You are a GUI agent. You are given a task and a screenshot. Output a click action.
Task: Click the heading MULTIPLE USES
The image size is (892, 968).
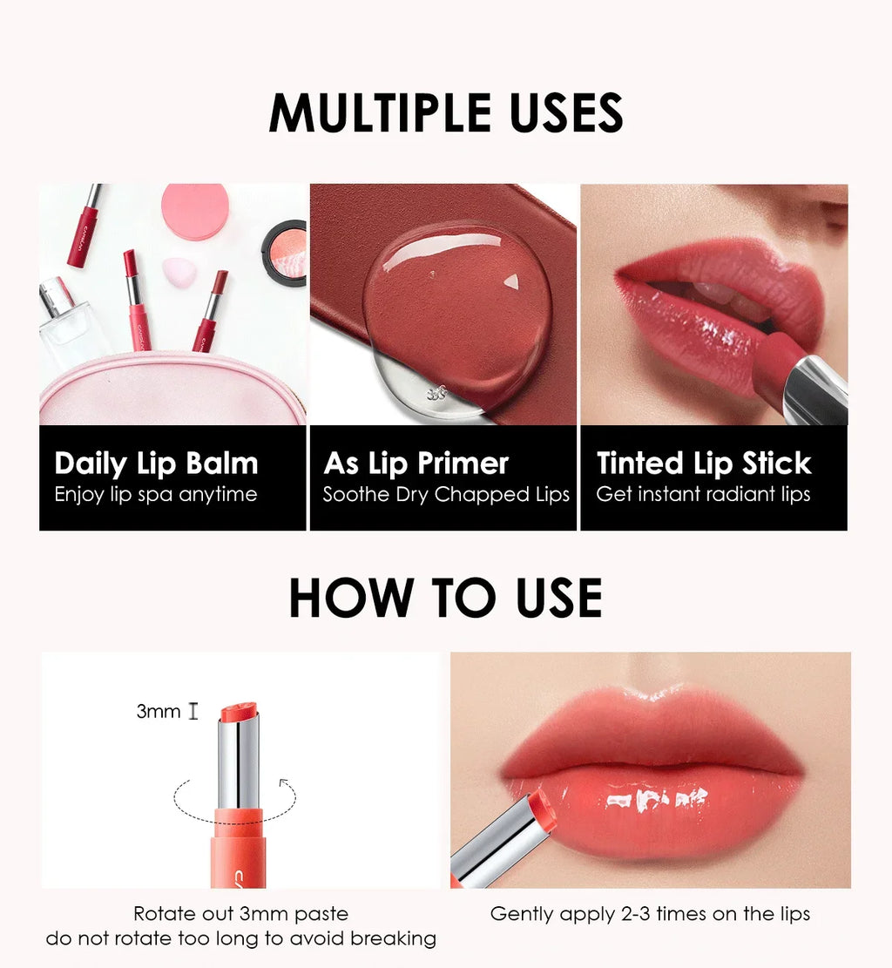pyautogui.click(x=445, y=113)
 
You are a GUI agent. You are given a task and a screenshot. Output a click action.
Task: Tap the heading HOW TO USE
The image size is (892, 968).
pyautogui.click(x=445, y=598)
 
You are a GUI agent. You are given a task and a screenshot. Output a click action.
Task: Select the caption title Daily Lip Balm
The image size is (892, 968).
pyautogui.click(x=156, y=464)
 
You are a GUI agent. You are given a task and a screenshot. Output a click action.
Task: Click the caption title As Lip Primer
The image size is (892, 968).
pyautogui.click(x=416, y=464)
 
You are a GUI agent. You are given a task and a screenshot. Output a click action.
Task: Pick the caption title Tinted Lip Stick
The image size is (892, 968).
pyautogui.click(x=704, y=464)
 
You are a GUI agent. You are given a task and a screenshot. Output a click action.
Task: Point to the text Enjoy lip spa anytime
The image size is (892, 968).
pyautogui.click(x=156, y=495)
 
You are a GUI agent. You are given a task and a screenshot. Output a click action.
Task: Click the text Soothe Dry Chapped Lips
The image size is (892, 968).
pyautogui.click(x=446, y=495)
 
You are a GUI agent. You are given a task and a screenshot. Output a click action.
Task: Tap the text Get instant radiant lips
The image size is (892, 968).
pyautogui.click(x=703, y=495)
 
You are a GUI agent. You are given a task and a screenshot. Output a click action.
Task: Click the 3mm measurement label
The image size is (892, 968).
pyautogui.click(x=159, y=712)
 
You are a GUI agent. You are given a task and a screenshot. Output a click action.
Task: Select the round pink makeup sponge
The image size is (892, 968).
pyautogui.click(x=195, y=212)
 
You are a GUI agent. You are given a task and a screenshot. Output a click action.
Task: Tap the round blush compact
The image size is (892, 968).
pyautogui.click(x=286, y=253)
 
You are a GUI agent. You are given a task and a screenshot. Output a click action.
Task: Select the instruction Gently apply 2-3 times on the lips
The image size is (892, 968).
pyautogui.click(x=650, y=914)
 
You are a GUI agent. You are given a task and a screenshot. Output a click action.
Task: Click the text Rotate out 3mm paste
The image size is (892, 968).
pyautogui.click(x=240, y=914)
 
